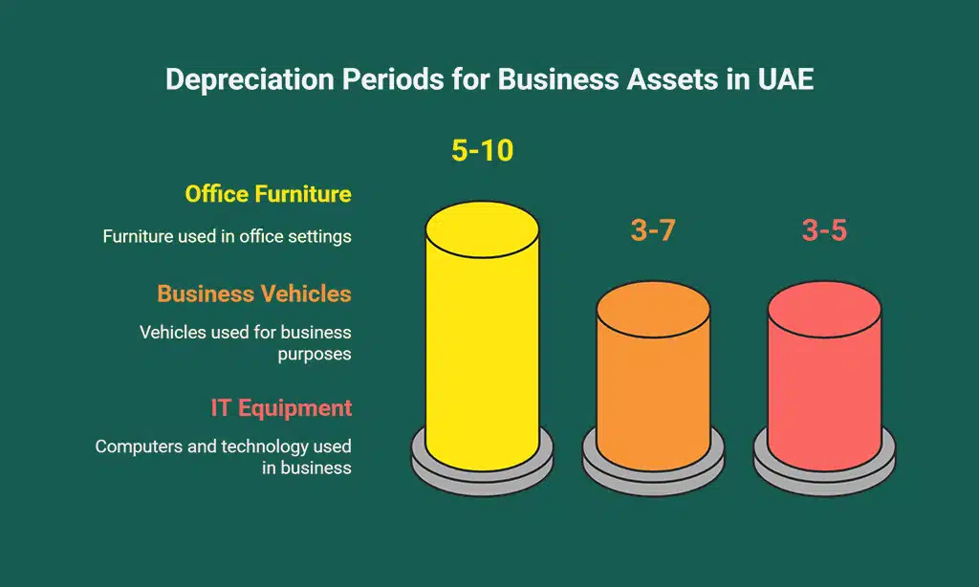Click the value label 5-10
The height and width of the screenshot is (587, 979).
pos(482,150)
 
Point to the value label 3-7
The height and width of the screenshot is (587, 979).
pos(653,230)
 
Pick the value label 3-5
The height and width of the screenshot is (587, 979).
pos(824,230)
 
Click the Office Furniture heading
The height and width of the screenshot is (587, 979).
pos(268,194)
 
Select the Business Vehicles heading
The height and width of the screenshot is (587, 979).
pos(254,293)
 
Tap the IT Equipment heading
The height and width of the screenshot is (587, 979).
pos(281,408)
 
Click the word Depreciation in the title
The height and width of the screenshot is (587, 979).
pos(243,79)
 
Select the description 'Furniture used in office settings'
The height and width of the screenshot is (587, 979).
pos(227,236)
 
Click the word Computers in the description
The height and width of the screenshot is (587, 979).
pos(140,446)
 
